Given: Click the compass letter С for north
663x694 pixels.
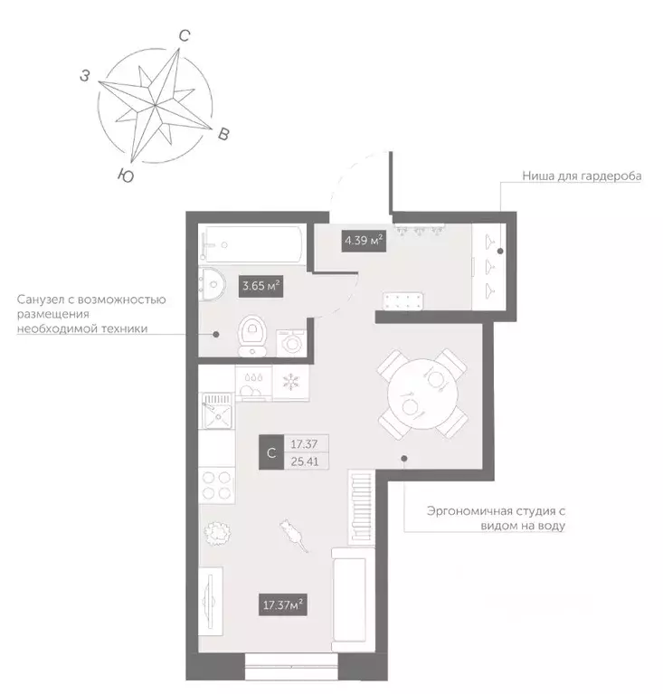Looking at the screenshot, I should click(184, 36).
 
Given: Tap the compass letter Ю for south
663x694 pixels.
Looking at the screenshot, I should click(128, 176).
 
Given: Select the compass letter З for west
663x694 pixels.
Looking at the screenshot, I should click(84, 77).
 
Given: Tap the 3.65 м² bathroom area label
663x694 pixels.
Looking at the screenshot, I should click(260, 287).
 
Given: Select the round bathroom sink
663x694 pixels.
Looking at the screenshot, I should click(213, 286).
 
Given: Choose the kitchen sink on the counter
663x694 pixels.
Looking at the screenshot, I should click(217, 412).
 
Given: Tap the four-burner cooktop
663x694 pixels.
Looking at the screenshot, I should click(217, 485).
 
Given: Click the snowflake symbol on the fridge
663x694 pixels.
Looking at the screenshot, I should click(290, 380).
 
